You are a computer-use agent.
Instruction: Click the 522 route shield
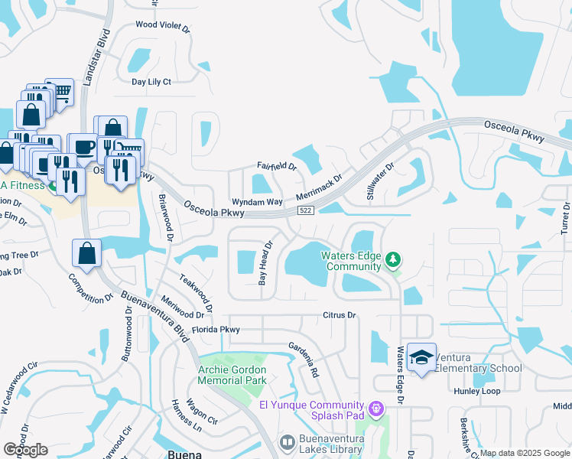(x=304, y=210)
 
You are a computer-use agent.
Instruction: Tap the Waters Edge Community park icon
(x=393, y=260)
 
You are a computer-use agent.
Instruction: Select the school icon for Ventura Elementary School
(x=421, y=357)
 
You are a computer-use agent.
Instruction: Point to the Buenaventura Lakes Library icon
(x=287, y=442)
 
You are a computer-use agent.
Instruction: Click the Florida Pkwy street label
(x=216, y=330)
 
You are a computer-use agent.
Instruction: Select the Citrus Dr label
(x=340, y=314)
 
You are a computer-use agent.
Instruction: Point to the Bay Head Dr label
(x=265, y=263)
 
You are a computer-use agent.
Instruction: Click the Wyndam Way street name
(x=258, y=201)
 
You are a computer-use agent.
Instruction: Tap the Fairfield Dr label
(x=276, y=165)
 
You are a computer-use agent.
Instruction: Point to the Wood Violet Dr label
(x=162, y=25)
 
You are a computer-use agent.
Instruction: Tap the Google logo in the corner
(x=26, y=449)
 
